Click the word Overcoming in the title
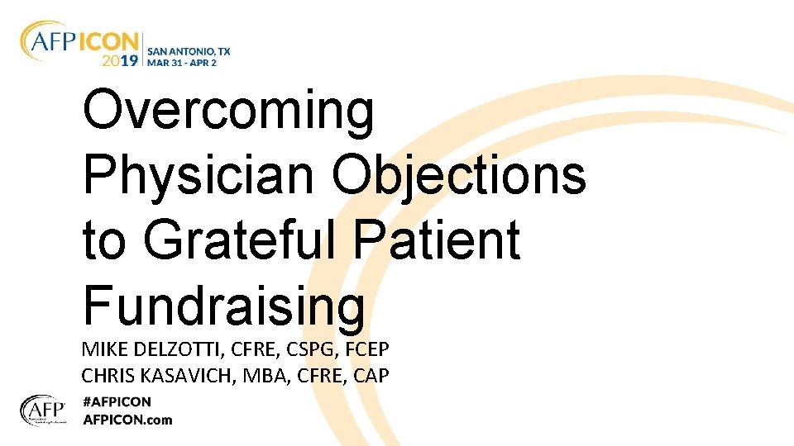pyautogui.click(x=229, y=111)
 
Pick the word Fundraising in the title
pyautogui.click(x=223, y=304)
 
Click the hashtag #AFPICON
pyautogui.click(x=117, y=402)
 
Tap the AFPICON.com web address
pyautogui.click(x=127, y=420)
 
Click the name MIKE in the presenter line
pyautogui.click(x=102, y=349)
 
